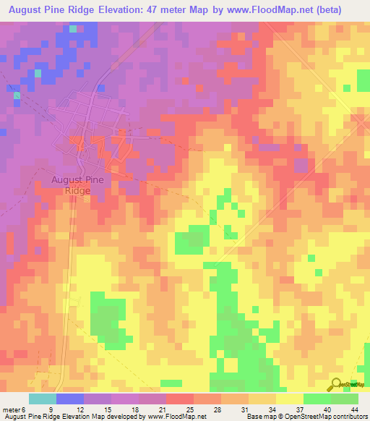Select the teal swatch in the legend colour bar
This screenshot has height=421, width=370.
click(x=43, y=399)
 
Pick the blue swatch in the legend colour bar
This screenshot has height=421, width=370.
click(x=70, y=399)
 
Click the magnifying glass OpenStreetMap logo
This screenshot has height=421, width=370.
click(x=335, y=384)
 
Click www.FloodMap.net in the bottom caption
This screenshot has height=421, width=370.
click(x=175, y=417)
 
